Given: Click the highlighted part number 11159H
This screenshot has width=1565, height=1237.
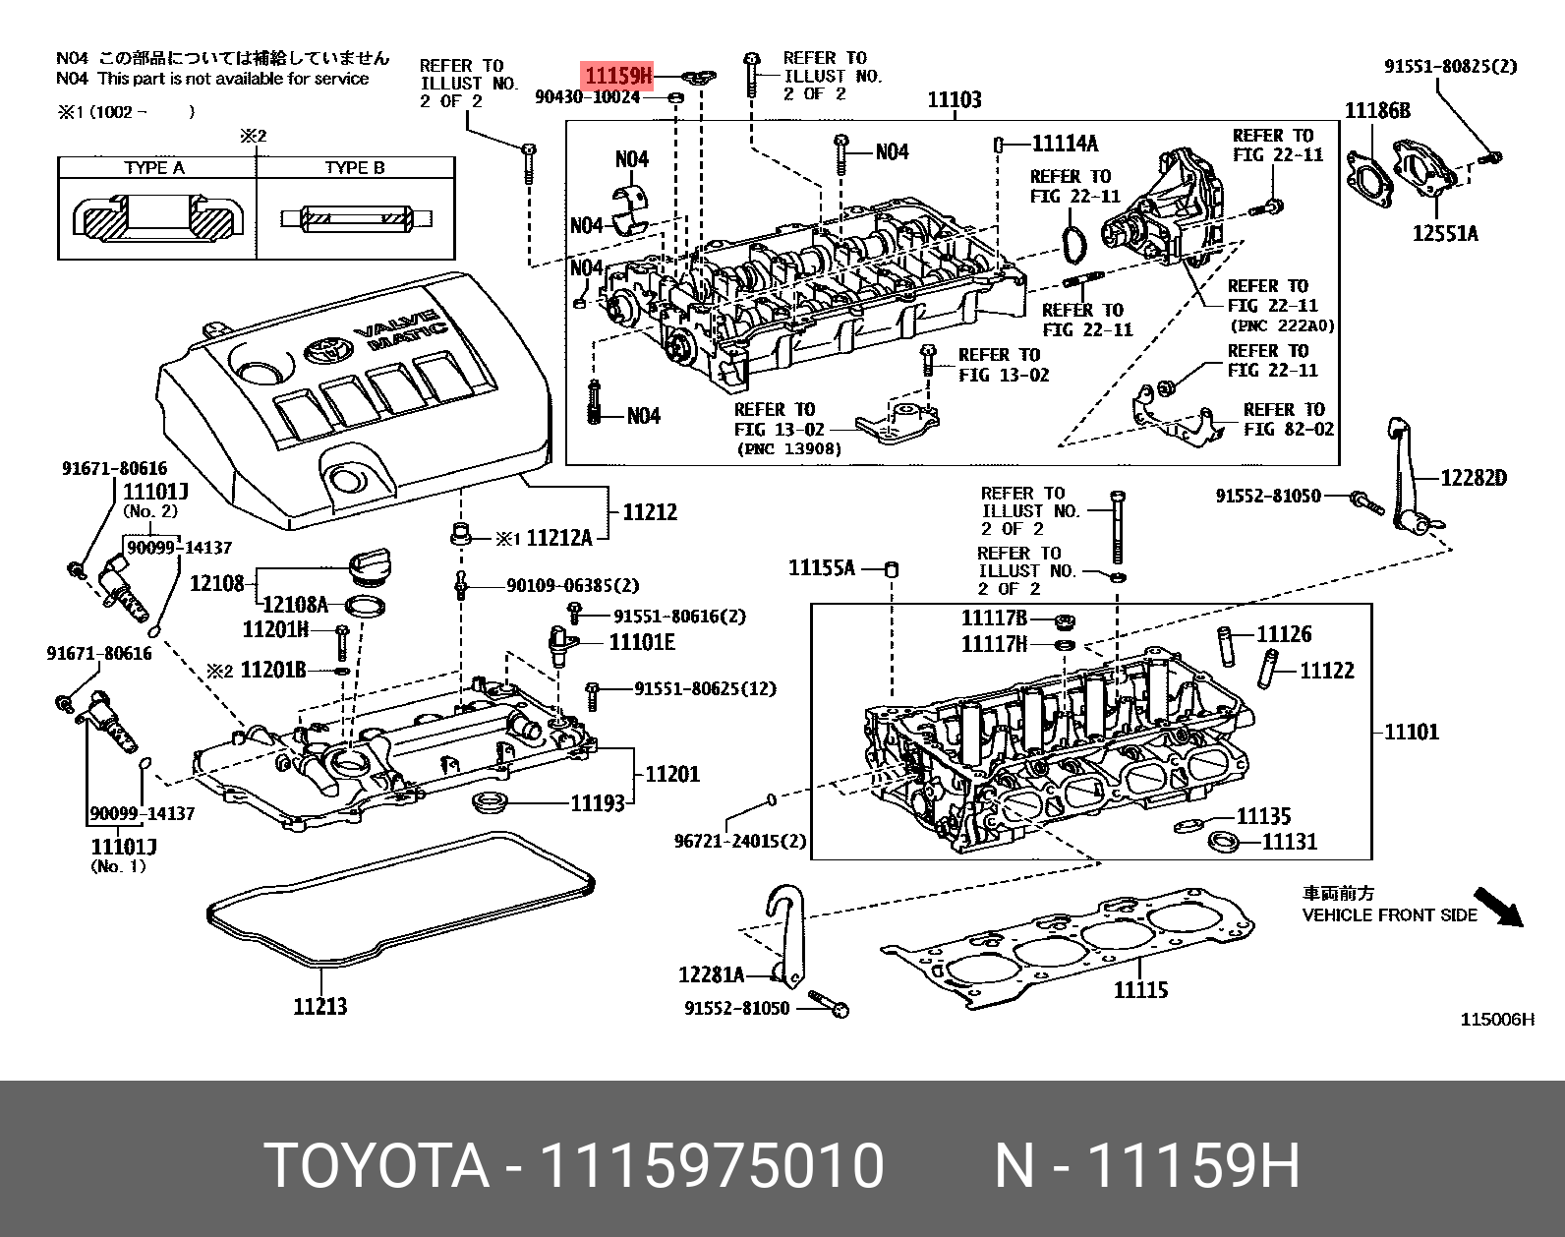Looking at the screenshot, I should point(617,75).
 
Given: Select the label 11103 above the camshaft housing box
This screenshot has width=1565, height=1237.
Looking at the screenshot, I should point(954,99).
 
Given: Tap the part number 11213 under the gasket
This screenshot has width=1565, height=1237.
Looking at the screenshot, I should point(319,1005).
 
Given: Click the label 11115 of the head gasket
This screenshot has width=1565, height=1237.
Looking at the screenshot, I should point(1140,989).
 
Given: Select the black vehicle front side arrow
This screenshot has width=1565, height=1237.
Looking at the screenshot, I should point(1498,906).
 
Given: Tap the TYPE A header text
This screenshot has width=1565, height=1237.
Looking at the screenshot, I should point(154,167).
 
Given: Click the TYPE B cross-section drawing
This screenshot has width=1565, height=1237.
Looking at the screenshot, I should point(356,218).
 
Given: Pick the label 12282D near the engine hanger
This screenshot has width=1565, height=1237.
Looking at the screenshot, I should point(1473,478).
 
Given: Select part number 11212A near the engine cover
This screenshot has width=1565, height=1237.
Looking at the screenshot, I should point(558,538).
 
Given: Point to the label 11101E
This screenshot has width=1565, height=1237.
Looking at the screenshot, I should point(642,642).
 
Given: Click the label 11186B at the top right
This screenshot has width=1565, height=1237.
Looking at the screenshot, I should point(1376,110).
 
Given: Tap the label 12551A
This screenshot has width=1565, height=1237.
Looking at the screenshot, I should point(1444,233).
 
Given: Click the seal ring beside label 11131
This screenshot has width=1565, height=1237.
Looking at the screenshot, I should point(1223,842).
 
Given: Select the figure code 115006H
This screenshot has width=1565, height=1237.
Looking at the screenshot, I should point(1496,1019).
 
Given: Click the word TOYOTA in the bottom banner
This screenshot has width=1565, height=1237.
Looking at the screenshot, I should point(377,1165).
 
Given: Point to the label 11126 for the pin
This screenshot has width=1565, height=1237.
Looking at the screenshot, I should point(1283,634).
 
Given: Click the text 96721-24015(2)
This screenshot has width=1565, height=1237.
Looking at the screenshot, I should point(739,841).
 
